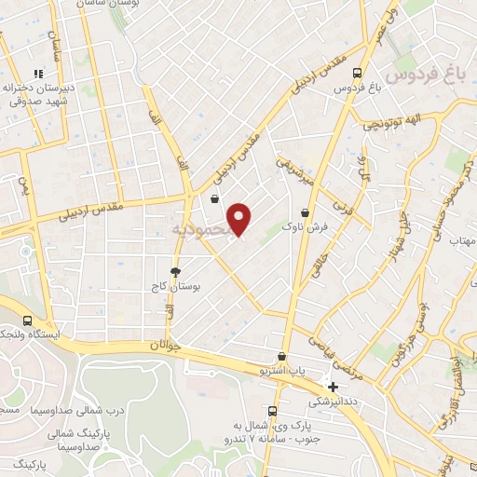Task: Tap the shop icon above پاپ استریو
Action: [x=282, y=357]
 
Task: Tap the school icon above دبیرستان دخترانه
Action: [x=38, y=74]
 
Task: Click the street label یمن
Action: [x=25, y=185]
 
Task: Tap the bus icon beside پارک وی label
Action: [x=272, y=411]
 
